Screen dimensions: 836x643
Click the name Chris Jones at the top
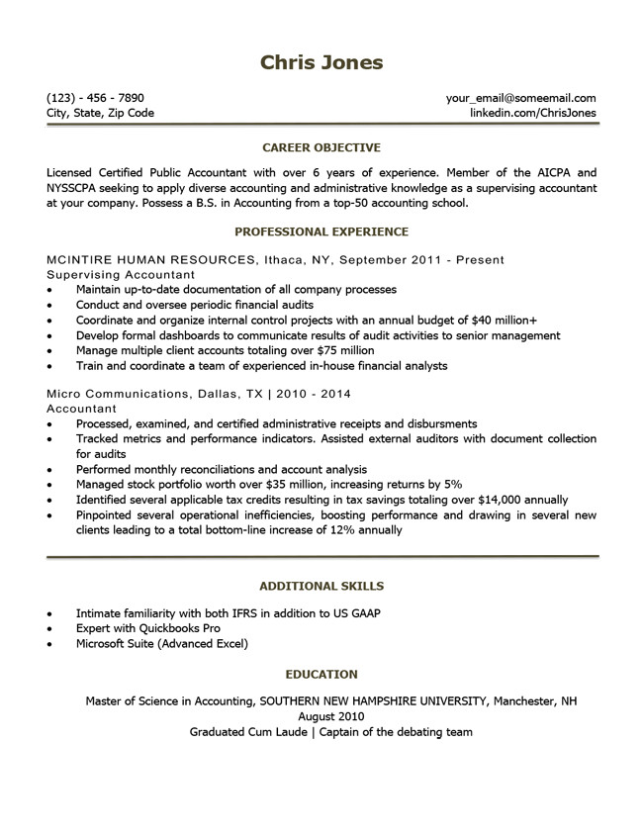tap(321, 63)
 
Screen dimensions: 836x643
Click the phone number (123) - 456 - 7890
tap(95, 98)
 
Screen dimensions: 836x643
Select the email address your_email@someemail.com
tap(520, 98)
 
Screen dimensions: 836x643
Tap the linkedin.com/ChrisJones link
tap(533, 113)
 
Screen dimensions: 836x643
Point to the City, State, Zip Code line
tap(100, 113)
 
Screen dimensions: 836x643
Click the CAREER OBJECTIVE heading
tap(321, 147)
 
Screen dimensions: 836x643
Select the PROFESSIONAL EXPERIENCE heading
tap(321, 232)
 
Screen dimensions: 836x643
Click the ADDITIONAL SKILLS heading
tap(321, 586)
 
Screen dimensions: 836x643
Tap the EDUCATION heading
tap(321, 674)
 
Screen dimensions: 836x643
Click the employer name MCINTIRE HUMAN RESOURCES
tap(149, 259)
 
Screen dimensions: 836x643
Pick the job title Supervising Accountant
tap(121, 274)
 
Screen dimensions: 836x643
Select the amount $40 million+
tap(501, 320)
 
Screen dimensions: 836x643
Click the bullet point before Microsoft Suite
tap(50, 644)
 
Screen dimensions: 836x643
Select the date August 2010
tap(321, 716)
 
